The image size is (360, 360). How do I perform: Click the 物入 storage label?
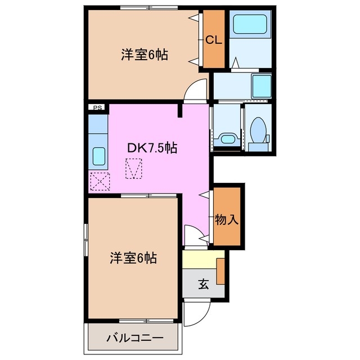(x=227, y=220)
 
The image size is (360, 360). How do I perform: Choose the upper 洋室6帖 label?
(x=145, y=55)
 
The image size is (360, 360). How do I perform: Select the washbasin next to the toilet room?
(x=227, y=138)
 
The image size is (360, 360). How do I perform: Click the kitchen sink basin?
(x=99, y=156)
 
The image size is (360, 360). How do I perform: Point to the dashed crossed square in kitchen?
(x=100, y=181)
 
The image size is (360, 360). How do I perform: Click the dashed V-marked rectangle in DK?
(x=134, y=168)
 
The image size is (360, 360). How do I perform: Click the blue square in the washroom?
(x=262, y=84)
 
